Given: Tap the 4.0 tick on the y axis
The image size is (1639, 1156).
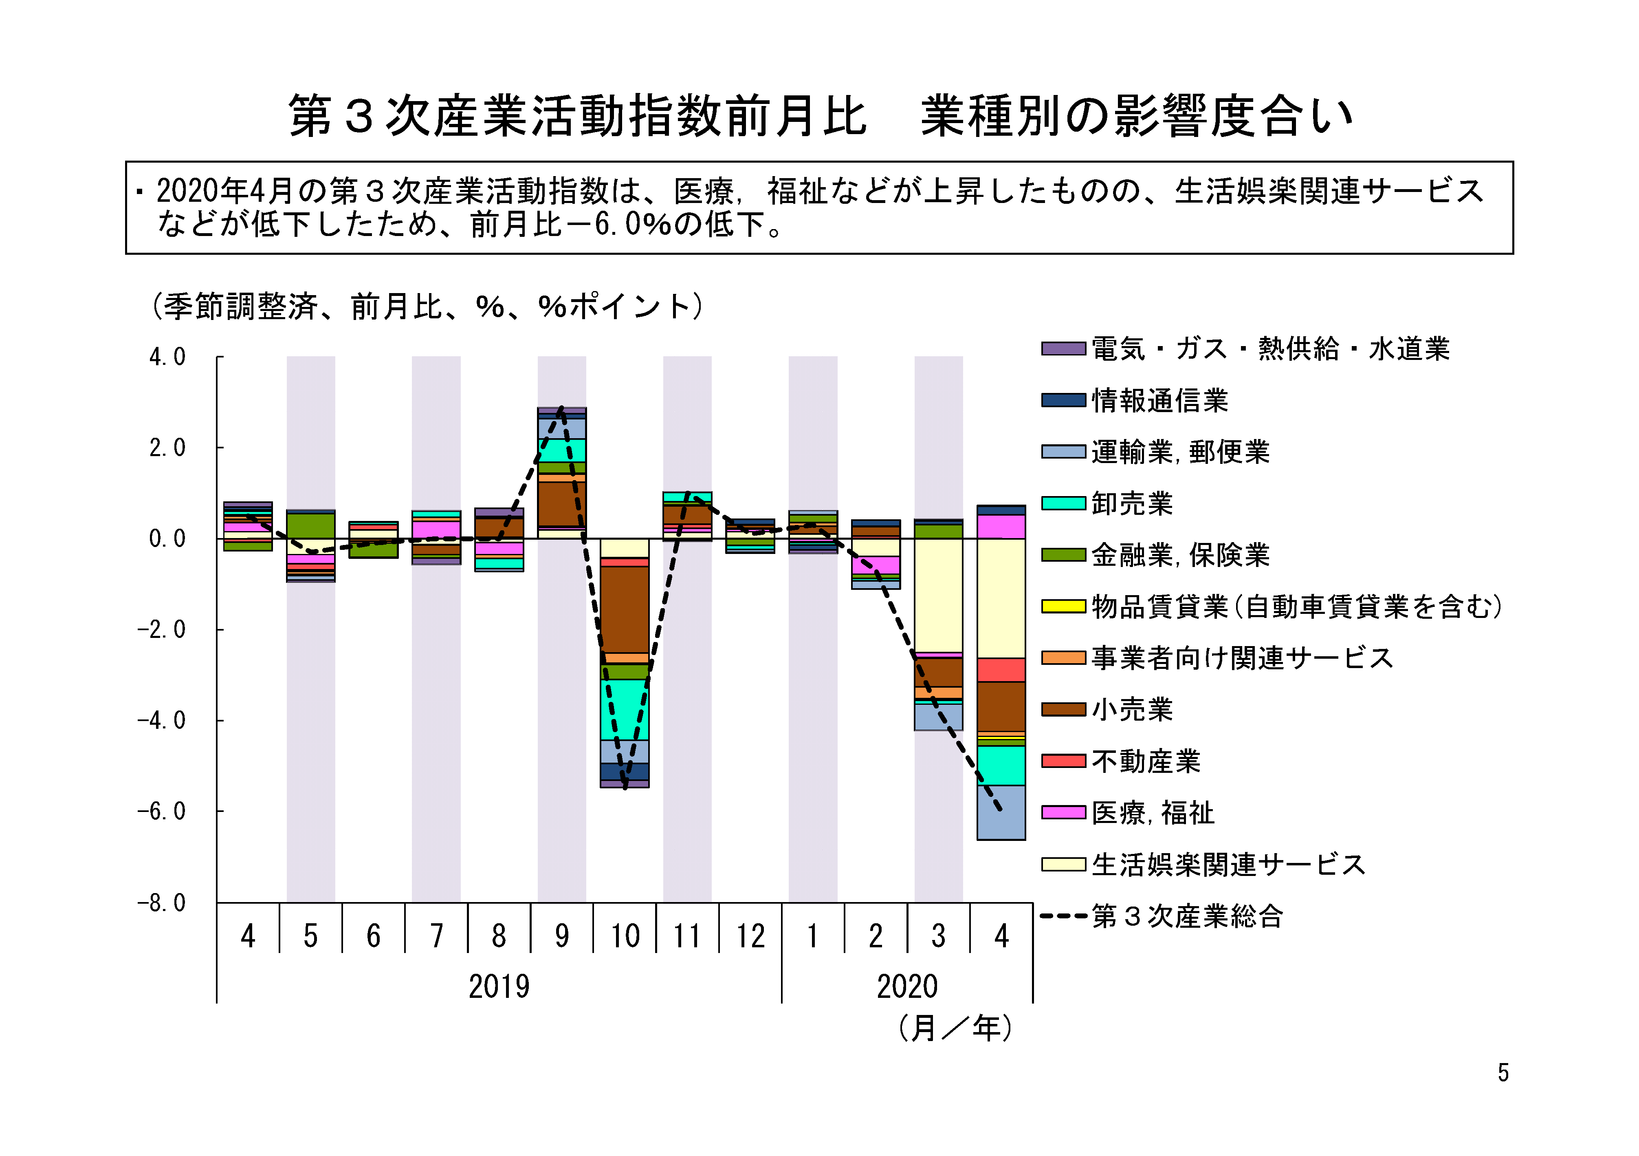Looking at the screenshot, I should tap(167, 357).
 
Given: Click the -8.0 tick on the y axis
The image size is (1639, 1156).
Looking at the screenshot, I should tap(162, 903).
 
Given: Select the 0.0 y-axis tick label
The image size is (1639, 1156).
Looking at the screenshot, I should tap(167, 539).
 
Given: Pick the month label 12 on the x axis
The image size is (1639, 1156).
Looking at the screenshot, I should tap(750, 936).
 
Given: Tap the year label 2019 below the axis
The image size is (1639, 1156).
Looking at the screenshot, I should tap(499, 987).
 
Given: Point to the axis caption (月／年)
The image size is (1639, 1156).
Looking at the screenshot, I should tap(955, 1028).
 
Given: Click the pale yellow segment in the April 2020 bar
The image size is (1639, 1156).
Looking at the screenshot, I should tap(1001, 598).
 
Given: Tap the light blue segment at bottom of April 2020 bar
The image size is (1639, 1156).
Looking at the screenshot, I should tap(1001, 812).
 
